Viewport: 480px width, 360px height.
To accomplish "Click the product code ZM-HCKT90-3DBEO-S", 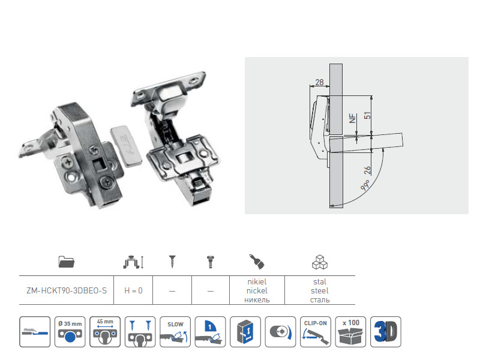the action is [67, 290].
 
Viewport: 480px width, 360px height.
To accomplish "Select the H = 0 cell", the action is [133, 290].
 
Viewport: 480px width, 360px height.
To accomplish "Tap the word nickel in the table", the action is [257, 290].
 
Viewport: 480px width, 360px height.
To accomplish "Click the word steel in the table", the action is [320, 290].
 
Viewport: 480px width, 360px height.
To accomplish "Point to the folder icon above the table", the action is [67, 262].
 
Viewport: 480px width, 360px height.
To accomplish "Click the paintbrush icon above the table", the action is [257, 262].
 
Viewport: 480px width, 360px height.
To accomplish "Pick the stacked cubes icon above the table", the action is [320, 262].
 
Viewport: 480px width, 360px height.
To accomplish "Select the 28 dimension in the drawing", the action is [319, 82].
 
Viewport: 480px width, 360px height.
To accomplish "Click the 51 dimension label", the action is [367, 115].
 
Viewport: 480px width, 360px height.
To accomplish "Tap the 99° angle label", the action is [365, 185].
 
